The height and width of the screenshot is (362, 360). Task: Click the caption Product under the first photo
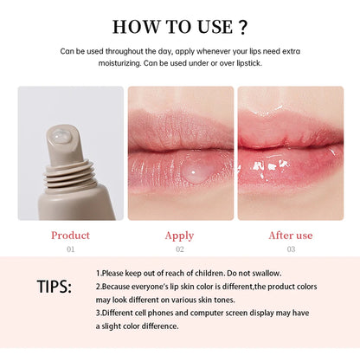point(70,235)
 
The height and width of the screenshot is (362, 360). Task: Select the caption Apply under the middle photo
point(180,235)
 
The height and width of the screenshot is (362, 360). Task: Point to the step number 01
point(71,249)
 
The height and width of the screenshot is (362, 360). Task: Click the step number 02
point(180,249)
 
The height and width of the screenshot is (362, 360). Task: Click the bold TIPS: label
point(55,287)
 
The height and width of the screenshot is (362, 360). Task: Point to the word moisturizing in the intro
point(95,62)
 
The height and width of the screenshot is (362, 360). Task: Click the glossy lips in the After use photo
point(290,160)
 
